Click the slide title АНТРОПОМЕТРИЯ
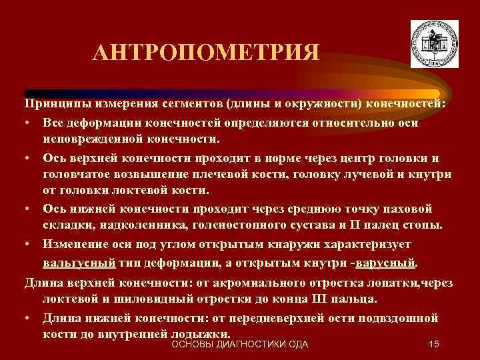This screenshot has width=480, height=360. [x=206, y=53]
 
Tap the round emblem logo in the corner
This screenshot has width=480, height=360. [x=434, y=43]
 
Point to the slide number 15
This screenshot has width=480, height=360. [x=434, y=344]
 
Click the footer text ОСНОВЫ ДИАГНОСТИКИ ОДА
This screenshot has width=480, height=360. [x=240, y=344]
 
